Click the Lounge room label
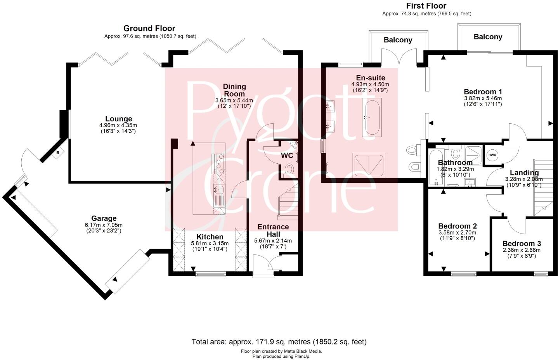pos(119,119)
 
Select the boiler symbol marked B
pos(58,153)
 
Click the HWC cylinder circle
pos(492,155)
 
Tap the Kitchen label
pos(210,237)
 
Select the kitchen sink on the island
pos(219,190)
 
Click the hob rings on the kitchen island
pos(219,162)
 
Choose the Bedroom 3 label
pos(521,244)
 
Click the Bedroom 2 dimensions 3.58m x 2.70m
pos(457,233)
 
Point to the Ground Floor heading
pos(149,28)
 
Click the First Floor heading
pos(426,6)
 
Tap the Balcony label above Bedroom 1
pos(488,37)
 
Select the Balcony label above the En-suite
pos(398,40)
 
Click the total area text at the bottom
pos(279,342)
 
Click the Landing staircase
pos(543,186)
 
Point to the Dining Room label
pos(234,90)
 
